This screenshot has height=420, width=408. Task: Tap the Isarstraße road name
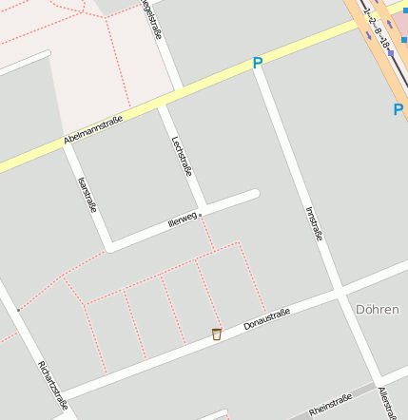[x=87, y=194]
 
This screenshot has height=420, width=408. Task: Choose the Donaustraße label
[x=266, y=318]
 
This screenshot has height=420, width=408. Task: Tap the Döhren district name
[x=376, y=310]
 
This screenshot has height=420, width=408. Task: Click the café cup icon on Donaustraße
[x=217, y=334]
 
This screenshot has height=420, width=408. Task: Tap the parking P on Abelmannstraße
[x=257, y=63]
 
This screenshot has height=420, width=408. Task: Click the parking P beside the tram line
[x=398, y=109]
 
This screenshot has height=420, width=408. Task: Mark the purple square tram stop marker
[x=390, y=53]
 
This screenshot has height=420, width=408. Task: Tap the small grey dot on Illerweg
[x=201, y=215]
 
